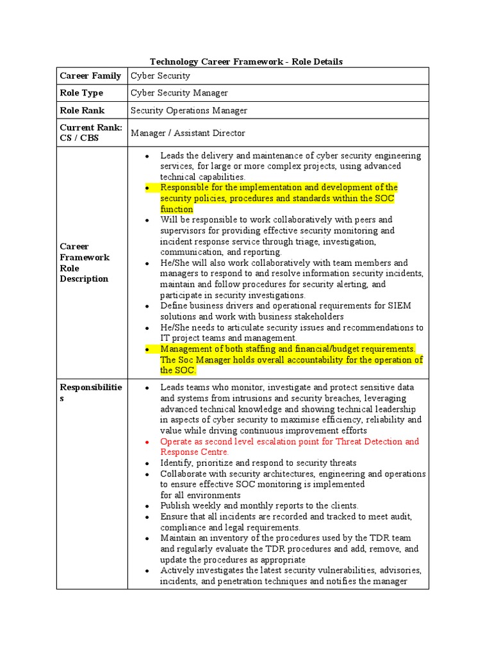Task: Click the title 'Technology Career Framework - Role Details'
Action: click(x=246, y=61)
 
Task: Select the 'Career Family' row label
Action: click(x=90, y=76)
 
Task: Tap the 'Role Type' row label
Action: click(x=81, y=93)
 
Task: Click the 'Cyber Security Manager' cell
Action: click(x=179, y=93)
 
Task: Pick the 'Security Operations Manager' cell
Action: click(x=188, y=110)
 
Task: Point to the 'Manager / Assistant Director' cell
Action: click(x=188, y=133)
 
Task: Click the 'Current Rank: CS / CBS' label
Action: click(x=91, y=133)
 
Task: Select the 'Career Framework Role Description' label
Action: click(x=85, y=263)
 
